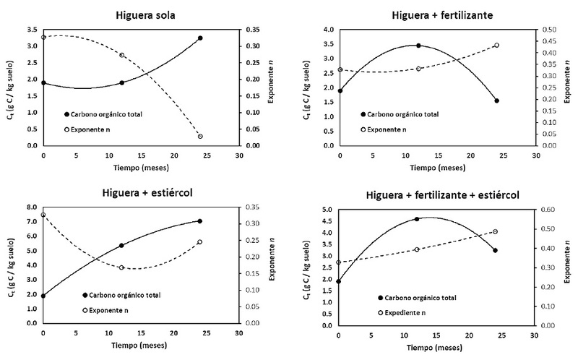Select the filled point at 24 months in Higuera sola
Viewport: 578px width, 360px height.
(200, 38)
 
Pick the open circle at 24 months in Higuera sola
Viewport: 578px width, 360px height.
(200, 136)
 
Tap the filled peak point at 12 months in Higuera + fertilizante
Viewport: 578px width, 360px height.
(418, 46)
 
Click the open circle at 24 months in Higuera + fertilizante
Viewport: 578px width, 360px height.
(496, 46)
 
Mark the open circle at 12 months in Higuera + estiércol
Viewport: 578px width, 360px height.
(121, 267)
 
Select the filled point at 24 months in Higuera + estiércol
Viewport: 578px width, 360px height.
(200, 221)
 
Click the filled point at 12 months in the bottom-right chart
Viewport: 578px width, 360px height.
(417, 219)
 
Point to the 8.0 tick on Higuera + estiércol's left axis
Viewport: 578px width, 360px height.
(30, 207)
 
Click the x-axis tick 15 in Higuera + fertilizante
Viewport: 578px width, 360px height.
(438, 155)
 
